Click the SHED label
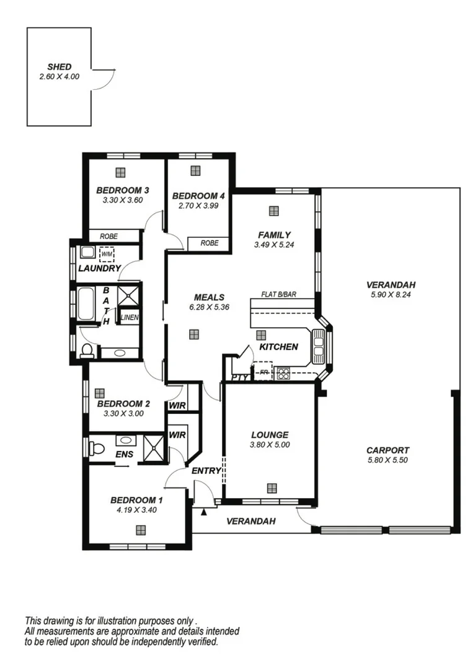[60, 67]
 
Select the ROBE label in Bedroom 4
[210, 243]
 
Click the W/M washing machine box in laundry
[107, 253]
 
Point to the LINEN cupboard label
[130, 317]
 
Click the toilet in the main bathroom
[87, 351]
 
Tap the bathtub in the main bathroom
[86, 304]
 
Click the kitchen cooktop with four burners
[283, 373]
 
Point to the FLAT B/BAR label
[279, 295]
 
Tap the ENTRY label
[206, 471]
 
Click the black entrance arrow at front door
[203, 512]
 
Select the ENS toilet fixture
[95, 448]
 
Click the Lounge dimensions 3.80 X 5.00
[270, 444]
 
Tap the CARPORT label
[387, 450]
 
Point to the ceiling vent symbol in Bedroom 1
[141, 530]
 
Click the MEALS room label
[209, 297]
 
